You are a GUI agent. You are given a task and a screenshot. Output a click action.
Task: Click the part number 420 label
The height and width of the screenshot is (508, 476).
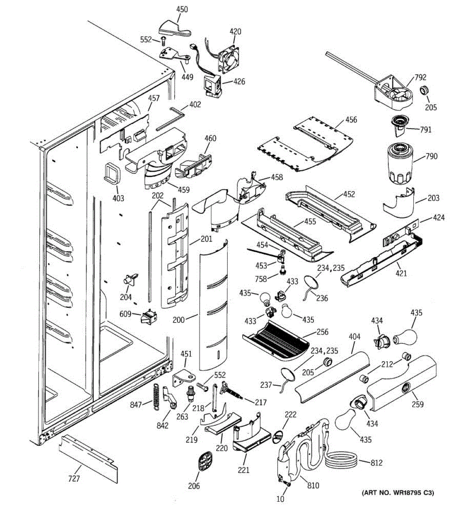235,31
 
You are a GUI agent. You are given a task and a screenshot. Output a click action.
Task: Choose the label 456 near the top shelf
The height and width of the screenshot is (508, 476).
351,119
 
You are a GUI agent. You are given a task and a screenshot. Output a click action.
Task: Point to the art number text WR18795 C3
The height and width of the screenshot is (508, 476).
397,493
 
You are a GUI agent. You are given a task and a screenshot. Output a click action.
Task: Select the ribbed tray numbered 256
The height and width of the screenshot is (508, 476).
278,339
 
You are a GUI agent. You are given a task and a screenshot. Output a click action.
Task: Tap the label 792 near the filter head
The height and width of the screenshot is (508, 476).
420,77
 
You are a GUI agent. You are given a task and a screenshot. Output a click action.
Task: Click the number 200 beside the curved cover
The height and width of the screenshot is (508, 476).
179,320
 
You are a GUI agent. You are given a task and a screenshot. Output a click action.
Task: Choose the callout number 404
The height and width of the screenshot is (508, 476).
354,337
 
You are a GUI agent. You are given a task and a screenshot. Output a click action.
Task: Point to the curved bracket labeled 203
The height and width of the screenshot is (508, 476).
399,203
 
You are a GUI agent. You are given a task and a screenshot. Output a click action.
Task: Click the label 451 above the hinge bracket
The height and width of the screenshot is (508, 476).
186,354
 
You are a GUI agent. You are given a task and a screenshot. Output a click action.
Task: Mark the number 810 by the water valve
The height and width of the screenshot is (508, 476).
313,486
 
